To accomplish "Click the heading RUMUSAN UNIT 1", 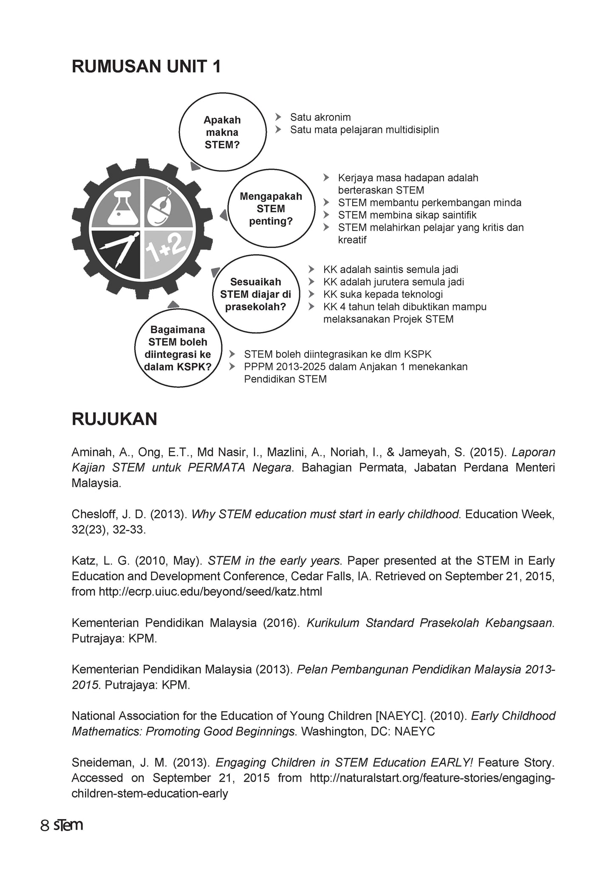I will point(146,67).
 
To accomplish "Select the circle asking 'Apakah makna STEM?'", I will point(222,132).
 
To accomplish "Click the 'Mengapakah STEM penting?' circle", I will point(271,209).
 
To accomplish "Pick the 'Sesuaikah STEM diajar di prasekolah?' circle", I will point(256,294).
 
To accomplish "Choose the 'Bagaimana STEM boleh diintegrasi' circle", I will point(178,348).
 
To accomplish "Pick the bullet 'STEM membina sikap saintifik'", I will point(407,215).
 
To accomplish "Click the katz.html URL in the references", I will point(210,591).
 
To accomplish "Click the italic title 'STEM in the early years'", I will point(274,561).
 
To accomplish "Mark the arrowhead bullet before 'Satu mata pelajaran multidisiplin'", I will point(278,130).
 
